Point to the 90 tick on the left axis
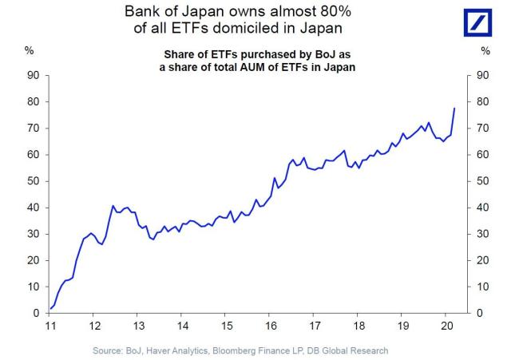tap(34, 75)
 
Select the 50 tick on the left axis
tap(34, 181)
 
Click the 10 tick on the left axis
tap(34, 287)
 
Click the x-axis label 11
tap(50, 326)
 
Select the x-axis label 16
tap(271, 326)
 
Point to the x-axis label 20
tap(449, 326)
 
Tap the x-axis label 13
tap(138, 326)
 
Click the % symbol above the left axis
tap(29, 51)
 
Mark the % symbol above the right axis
tap(484, 51)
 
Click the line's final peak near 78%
tap(454, 108)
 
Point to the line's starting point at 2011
tap(50, 308)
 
